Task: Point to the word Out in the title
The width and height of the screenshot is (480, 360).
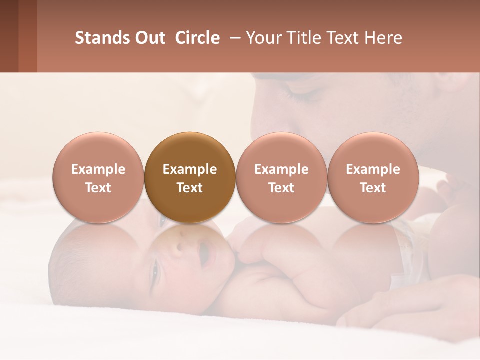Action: [x=148, y=38]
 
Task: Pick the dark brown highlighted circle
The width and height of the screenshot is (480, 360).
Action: [x=189, y=177]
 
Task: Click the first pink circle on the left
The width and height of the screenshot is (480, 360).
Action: [x=98, y=177]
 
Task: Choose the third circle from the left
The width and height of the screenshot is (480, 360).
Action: [x=281, y=177]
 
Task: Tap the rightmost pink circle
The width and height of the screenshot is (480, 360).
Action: [x=373, y=177]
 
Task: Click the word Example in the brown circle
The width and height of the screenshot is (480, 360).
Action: [x=190, y=169]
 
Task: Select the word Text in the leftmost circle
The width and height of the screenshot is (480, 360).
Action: [x=98, y=188]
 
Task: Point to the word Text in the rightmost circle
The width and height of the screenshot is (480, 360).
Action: [x=373, y=188]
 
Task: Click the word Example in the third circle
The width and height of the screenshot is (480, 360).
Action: [x=281, y=169]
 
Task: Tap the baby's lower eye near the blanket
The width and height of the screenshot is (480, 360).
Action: [x=154, y=272]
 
